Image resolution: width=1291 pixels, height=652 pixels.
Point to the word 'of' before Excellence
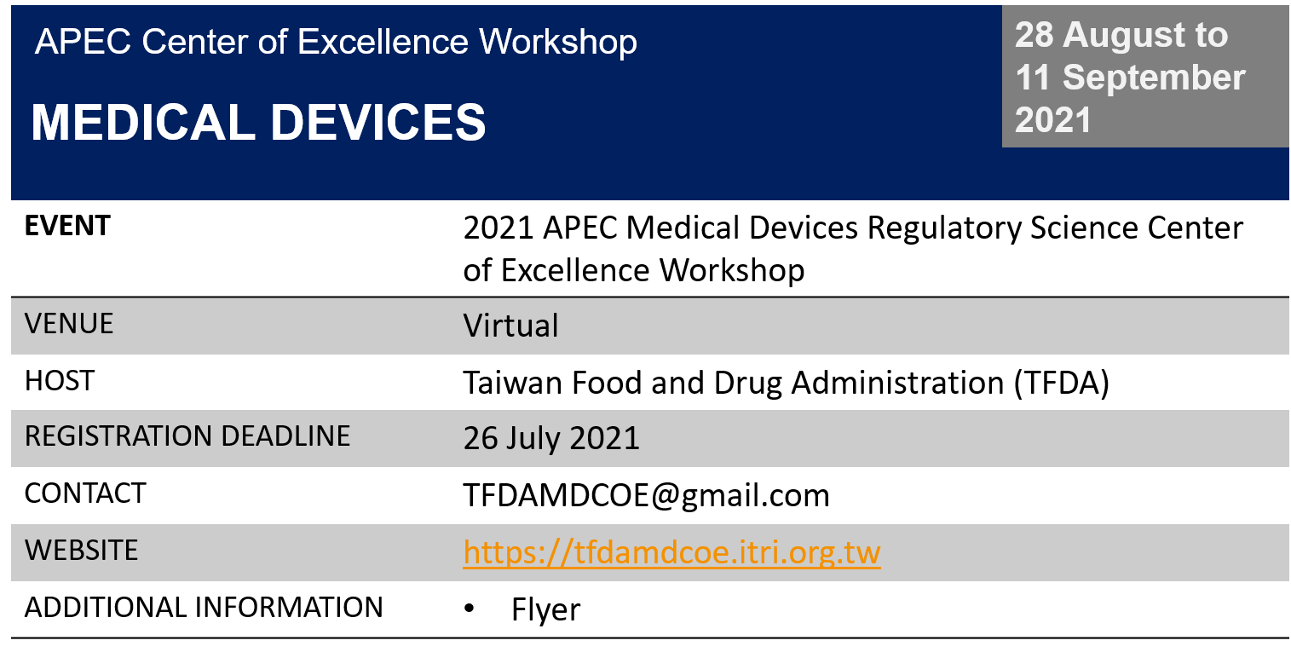273,42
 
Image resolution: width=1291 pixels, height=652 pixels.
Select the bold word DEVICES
378,123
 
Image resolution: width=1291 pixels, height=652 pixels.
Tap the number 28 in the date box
1034,35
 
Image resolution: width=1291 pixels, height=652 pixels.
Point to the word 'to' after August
1210,35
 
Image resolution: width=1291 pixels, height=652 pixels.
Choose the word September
1154,78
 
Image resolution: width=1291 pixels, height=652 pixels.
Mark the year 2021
1053,120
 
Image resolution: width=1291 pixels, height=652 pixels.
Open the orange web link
671,552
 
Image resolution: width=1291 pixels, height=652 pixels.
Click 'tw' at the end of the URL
865,552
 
